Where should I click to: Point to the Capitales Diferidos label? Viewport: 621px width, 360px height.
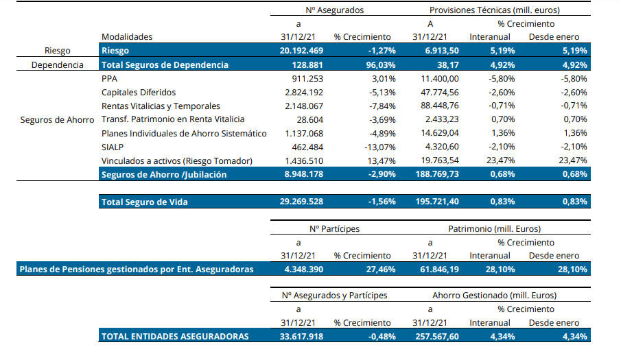point(139,93)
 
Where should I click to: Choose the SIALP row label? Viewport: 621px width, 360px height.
point(113,147)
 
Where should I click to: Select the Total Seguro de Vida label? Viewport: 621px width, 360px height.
point(145,202)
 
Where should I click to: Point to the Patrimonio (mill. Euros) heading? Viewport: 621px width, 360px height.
point(493,228)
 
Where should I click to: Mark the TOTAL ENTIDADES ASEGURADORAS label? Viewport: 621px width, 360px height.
point(175,337)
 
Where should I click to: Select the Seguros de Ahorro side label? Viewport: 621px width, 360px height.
point(58,120)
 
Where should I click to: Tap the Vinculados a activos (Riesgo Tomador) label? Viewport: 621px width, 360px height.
point(177,160)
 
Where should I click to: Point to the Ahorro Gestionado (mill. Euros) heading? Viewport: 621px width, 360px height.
point(494,296)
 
